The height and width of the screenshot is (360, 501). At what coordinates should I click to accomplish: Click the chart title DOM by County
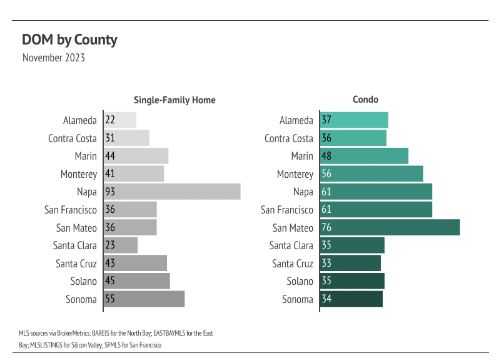tap(69, 40)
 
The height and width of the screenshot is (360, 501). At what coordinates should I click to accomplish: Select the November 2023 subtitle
tap(53, 58)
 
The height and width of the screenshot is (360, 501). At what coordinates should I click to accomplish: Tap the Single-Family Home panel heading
tap(175, 100)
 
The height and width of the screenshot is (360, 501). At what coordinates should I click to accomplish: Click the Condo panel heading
tap(365, 100)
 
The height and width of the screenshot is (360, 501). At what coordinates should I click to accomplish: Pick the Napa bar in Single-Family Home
tap(172, 192)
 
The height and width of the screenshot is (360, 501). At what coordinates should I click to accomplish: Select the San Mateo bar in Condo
tap(390, 228)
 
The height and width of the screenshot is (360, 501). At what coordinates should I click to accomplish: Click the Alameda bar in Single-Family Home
tap(120, 121)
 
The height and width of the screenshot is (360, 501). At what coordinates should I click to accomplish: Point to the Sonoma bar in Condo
tap(351, 299)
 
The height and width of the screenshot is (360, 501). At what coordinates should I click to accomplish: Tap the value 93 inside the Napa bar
tap(110, 192)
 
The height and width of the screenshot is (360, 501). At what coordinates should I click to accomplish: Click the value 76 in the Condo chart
tap(326, 228)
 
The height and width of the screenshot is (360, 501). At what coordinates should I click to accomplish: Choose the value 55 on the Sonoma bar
tap(110, 299)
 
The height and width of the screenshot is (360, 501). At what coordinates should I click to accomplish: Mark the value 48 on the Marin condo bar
tap(326, 157)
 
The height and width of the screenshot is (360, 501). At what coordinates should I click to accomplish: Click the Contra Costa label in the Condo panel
tap(289, 139)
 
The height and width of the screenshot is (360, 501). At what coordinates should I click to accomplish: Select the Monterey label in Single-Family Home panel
tap(79, 175)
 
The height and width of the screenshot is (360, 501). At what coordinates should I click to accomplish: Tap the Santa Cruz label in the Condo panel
tap(293, 264)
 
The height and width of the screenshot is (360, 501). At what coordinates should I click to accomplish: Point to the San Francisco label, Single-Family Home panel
tap(71, 210)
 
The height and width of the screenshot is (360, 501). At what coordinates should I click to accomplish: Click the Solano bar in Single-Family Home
tap(137, 282)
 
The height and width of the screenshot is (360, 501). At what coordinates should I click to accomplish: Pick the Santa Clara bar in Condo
tap(352, 246)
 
